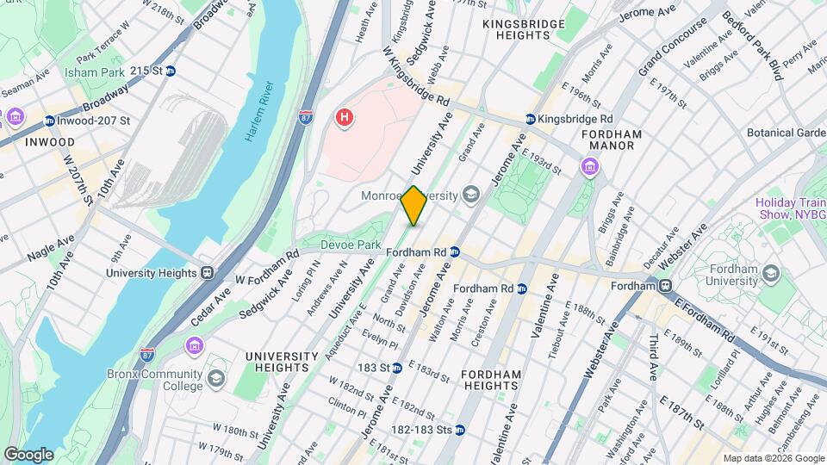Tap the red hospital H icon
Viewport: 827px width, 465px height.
point(345,117)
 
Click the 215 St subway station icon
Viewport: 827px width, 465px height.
point(171,71)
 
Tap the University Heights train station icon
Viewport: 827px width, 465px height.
point(207,272)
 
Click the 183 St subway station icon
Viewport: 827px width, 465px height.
point(396,368)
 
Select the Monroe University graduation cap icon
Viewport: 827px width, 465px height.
point(470,195)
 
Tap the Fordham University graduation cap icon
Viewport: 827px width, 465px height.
point(770,274)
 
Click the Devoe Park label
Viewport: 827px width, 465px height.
point(350,245)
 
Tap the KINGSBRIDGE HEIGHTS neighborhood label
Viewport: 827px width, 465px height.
point(516,29)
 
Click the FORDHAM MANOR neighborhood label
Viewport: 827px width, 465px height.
point(612,139)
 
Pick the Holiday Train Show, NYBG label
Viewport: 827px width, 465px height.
point(791,209)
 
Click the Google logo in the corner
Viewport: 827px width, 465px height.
point(28,454)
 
